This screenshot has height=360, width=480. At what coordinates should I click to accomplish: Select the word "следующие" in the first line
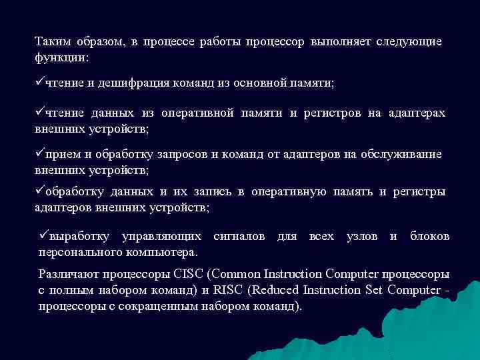[x=408, y=42]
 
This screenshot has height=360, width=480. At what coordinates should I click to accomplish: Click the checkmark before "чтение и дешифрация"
[x=39, y=83]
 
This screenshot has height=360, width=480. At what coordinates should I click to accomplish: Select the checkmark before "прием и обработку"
[x=39, y=154]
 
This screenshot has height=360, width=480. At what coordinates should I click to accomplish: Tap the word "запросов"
[x=183, y=155]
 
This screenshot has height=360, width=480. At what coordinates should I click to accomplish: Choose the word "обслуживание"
[x=401, y=155]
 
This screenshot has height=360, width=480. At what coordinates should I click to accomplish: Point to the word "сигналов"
[x=239, y=237]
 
